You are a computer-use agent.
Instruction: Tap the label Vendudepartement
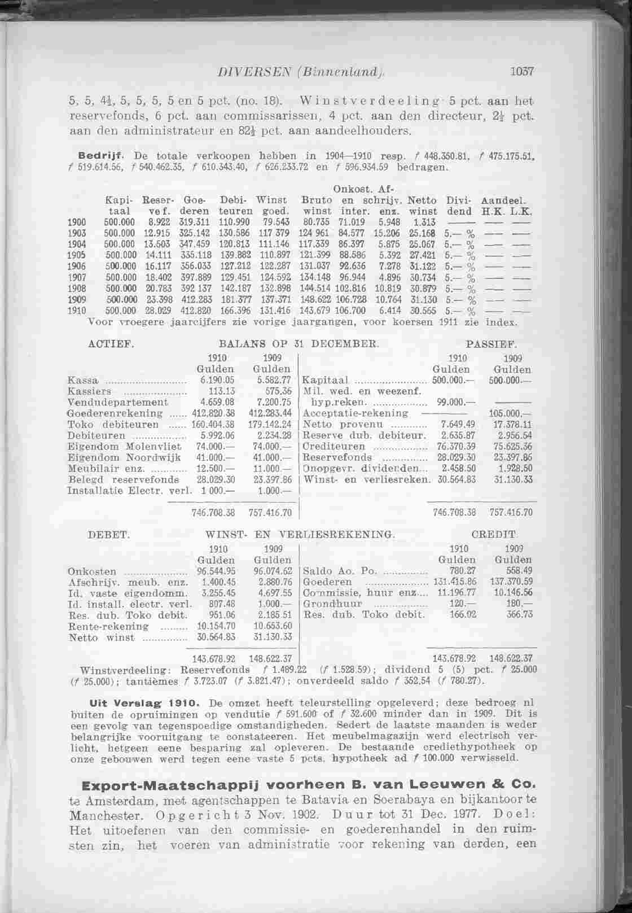pyautogui.click(x=117, y=403)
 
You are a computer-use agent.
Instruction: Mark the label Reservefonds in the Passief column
pyautogui.click(x=338, y=458)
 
